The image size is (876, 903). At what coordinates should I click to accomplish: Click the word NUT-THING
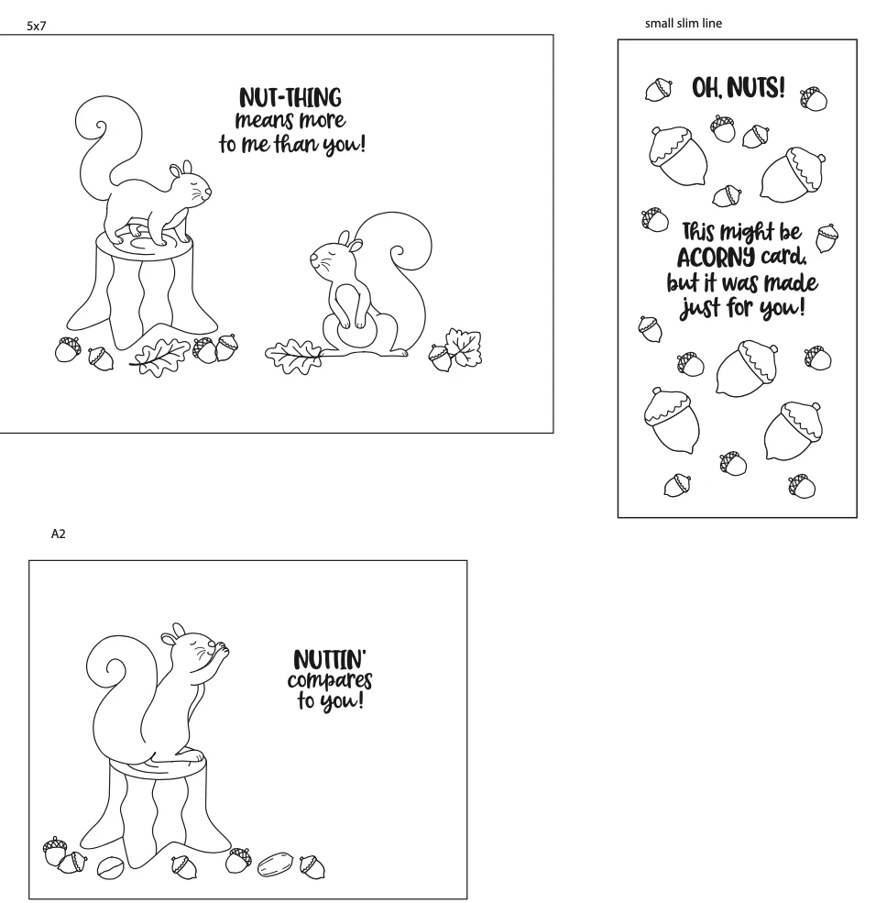tap(290, 98)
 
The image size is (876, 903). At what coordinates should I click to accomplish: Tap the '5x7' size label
tap(37, 26)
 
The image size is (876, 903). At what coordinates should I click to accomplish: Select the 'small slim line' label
tap(684, 23)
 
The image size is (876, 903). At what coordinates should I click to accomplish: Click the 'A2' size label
tap(58, 534)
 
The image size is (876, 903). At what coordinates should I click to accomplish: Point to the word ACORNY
tap(716, 258)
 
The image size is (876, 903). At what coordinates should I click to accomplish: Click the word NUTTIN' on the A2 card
tap(330, 659)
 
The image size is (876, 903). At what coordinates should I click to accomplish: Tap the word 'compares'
tap(330, 681)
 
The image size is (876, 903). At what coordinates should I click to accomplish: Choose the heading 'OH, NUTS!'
tap(738, 88)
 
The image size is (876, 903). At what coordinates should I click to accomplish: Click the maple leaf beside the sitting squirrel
tap(464, 347)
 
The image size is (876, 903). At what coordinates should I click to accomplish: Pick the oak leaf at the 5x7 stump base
tap(159, 357)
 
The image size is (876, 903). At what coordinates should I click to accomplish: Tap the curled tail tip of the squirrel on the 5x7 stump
tap(102, 127)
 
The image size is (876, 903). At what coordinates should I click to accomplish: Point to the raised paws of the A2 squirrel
tap(221, 651)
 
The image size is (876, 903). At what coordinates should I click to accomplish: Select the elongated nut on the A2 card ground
tap(275, 864)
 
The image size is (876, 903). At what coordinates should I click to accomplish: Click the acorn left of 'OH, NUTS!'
tap(659, 89)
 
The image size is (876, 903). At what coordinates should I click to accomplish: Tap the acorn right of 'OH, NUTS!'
tap(813, 98)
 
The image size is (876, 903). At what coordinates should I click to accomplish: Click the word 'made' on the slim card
tap(791, 282)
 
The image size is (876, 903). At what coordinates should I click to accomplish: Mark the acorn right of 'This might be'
tap(827, 237)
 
